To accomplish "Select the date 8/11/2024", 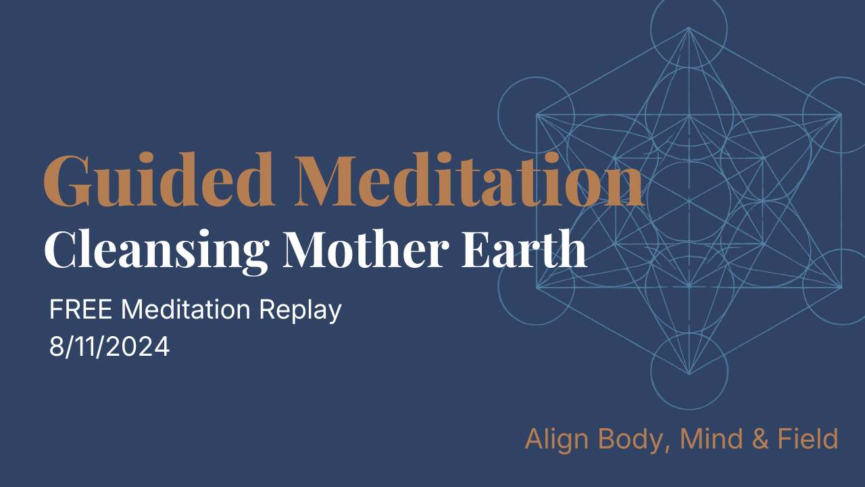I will [109, 347].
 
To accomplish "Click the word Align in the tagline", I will [555, 440].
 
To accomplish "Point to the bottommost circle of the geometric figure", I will [689, 372].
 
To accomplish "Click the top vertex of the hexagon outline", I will [689, 28].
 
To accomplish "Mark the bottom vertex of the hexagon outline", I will [689, 373].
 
